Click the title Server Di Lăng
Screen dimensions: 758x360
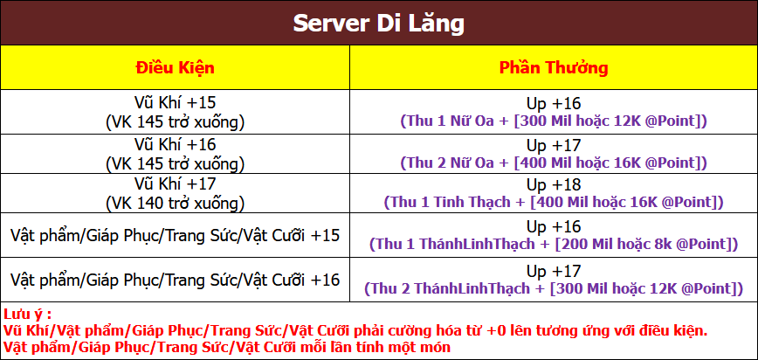click(x=378, y=24)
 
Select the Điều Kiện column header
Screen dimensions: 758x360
click(x=175, y=67)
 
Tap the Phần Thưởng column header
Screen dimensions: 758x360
click(x=554, y=67)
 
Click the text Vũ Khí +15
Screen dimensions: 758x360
click(x=175, y=104)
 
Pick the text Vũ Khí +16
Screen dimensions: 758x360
click(x=175, y=144)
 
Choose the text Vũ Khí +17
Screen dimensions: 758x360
click(x=175, y=184)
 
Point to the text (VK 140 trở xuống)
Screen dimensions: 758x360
click(x=175, y=203)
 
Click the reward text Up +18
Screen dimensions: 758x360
click(x=554, y=184)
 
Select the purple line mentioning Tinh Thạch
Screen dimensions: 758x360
click(x=554, y=202)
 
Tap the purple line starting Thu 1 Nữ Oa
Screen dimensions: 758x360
click(x=554, y=121)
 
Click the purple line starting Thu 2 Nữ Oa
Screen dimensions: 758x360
click(x=554, y=163)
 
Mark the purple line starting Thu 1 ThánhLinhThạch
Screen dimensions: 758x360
click(x=554, y=244)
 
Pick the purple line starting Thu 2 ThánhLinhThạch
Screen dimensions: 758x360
click(x=554, y=288)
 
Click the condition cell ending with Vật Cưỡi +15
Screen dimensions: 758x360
click(x=175, y=236)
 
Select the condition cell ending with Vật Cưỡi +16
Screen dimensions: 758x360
click(x=175, y=280)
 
